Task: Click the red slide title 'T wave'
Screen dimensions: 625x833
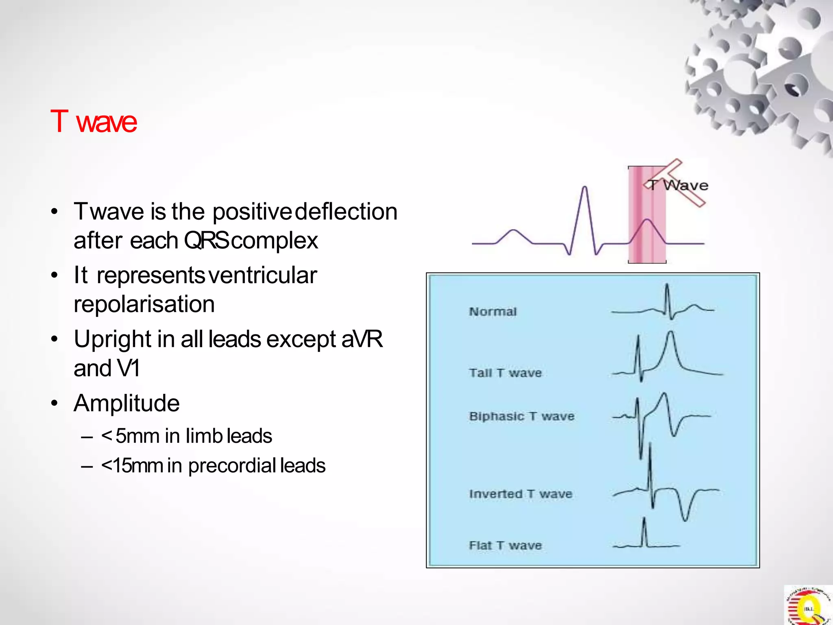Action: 94,121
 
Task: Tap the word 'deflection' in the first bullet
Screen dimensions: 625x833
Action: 346,212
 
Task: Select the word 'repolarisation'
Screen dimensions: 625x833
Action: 144,304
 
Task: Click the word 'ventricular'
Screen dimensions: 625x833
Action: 262,275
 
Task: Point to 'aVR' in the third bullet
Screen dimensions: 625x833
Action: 362,339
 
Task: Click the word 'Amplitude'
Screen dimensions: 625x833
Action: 126,403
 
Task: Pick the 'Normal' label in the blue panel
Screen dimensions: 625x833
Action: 493,312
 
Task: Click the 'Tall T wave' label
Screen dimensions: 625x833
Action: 505,373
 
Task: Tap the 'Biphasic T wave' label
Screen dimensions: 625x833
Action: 521,416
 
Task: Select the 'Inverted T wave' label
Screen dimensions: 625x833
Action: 521,494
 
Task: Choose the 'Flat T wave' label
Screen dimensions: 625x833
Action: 505,545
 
